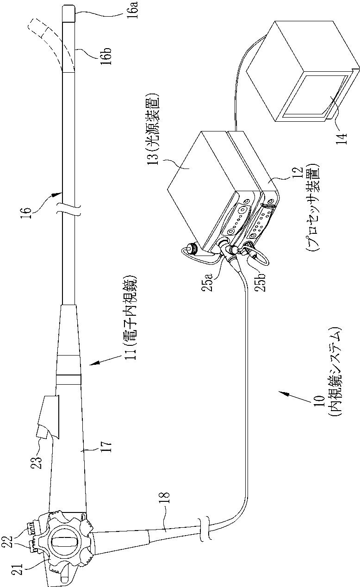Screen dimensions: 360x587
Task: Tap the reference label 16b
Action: [x=106, y=55]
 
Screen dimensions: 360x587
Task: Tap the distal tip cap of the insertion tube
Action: [x=68, y=12]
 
